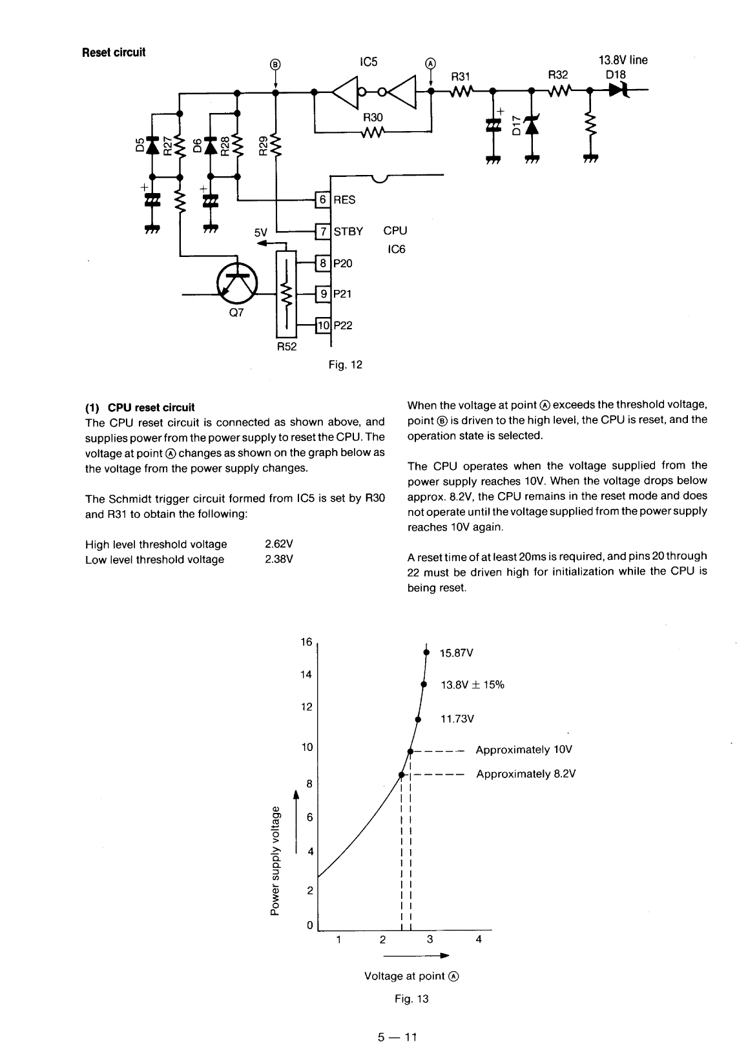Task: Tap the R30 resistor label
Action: coord(373,118)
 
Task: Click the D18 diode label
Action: coord(616,74)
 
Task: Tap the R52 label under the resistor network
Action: coord(286,347)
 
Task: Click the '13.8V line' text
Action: coord(623,60)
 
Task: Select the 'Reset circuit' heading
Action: coord(114,52)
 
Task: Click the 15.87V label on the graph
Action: coord(457,653)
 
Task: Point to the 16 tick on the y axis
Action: coord(306,642)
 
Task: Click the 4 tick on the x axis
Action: coord(479,939)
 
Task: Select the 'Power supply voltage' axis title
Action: coord(276,859)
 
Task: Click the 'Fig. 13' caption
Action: coord(411,999)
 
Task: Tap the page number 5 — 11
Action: coord(398,1038)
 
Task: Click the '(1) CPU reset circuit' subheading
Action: coord(140,407)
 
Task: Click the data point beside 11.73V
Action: coord(418,719)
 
